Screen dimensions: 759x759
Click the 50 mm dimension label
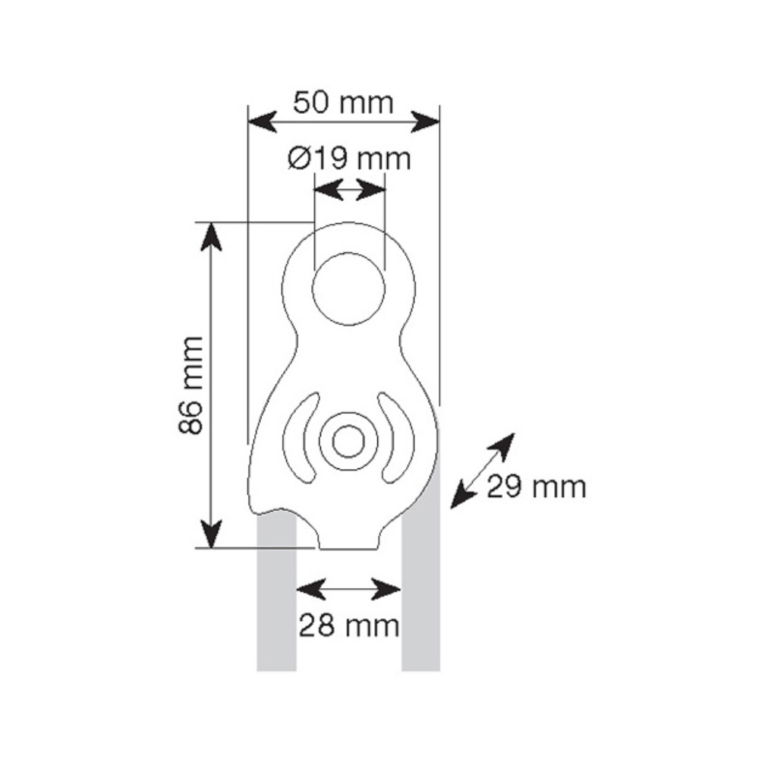[343, 102]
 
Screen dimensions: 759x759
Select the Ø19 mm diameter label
[349, 159]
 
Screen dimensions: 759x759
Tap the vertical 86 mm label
[191, 385]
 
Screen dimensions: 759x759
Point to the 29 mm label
[537, 487]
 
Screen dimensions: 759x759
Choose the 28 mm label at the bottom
[349, 625]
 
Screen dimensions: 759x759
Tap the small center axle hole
[348, 441]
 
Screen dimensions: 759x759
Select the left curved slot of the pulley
[300, 438]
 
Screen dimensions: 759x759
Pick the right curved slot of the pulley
[397, 438]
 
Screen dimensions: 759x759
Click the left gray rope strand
[276, 593]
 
